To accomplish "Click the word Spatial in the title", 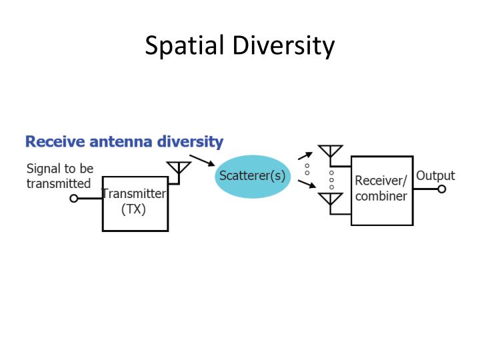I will tap(185, 46).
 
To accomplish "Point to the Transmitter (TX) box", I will tap(135, 203).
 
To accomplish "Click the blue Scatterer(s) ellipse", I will tap(253, 177).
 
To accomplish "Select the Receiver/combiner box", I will tap(382, 190).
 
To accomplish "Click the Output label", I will tap(435, 176).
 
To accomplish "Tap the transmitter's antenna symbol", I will tap(179, 169).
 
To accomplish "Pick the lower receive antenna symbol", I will tap(330, 200).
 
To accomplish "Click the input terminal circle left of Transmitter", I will tap(74, 198).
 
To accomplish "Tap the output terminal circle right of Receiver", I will tap(441, 189).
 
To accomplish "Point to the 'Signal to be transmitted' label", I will tap(59, 176).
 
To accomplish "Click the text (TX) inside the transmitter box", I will tap(134, 209).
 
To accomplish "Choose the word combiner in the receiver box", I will tap(381, 197).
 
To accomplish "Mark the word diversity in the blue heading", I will tap(190, 142).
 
